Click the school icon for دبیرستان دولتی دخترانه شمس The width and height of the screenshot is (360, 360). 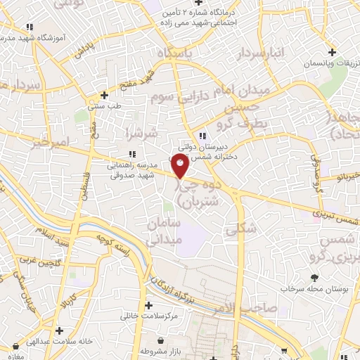(202, 136)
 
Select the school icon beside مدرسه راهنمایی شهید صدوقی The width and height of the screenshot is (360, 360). (131, 155)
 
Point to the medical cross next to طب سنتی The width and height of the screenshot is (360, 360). (104, 94)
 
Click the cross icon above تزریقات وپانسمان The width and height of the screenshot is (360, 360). (331, 51)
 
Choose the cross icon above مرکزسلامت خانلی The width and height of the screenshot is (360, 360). (148, 305)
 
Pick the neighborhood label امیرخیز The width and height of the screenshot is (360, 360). (51, 142)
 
